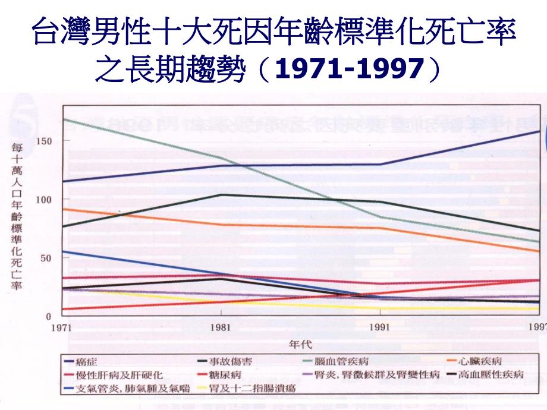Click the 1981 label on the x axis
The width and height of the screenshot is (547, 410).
(x=221, y=327)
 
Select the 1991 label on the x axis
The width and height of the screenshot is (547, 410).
(x=380, y=327)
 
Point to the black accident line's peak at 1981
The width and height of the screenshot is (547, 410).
(x=221, y=195)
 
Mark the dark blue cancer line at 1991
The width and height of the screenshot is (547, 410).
(x=380, y=164)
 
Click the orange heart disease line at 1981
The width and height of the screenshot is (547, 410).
(x=221, y=225)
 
